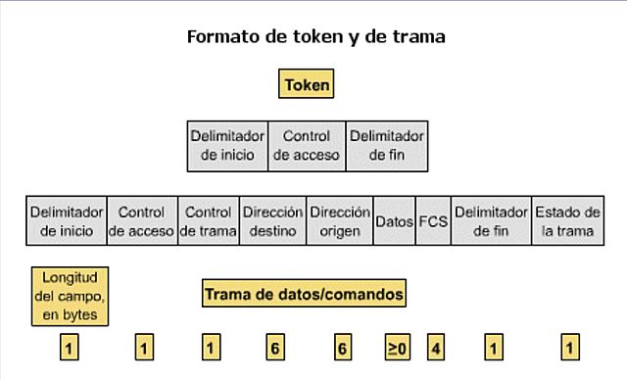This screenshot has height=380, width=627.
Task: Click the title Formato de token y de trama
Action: (315, 37)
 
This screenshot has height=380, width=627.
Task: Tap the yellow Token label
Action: (307, 85)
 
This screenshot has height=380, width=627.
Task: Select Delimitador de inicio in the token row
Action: (227, 145)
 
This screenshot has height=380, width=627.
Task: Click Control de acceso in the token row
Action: (307, 145)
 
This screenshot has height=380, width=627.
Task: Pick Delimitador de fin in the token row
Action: (386, 145)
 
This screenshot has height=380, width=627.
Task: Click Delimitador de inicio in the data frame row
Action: (67, 221)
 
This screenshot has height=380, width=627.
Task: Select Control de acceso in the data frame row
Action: (141, 221)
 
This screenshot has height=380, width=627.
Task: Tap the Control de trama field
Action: (208, 221)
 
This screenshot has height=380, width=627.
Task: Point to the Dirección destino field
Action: (272, 221)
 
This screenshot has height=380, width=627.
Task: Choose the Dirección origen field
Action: (340, 221)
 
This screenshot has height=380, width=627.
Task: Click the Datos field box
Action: (395, 222)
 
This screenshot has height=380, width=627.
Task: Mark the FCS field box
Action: (433, 222)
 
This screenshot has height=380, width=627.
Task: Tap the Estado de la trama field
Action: (566, 221)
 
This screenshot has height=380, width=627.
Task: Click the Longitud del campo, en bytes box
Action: (70, 295)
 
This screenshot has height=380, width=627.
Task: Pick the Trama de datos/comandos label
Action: (304, 293)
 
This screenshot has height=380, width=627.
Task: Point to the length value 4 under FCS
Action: (434, 348)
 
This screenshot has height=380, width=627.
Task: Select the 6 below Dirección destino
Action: (274, 348)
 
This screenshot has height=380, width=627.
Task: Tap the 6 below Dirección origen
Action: (342, 348)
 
